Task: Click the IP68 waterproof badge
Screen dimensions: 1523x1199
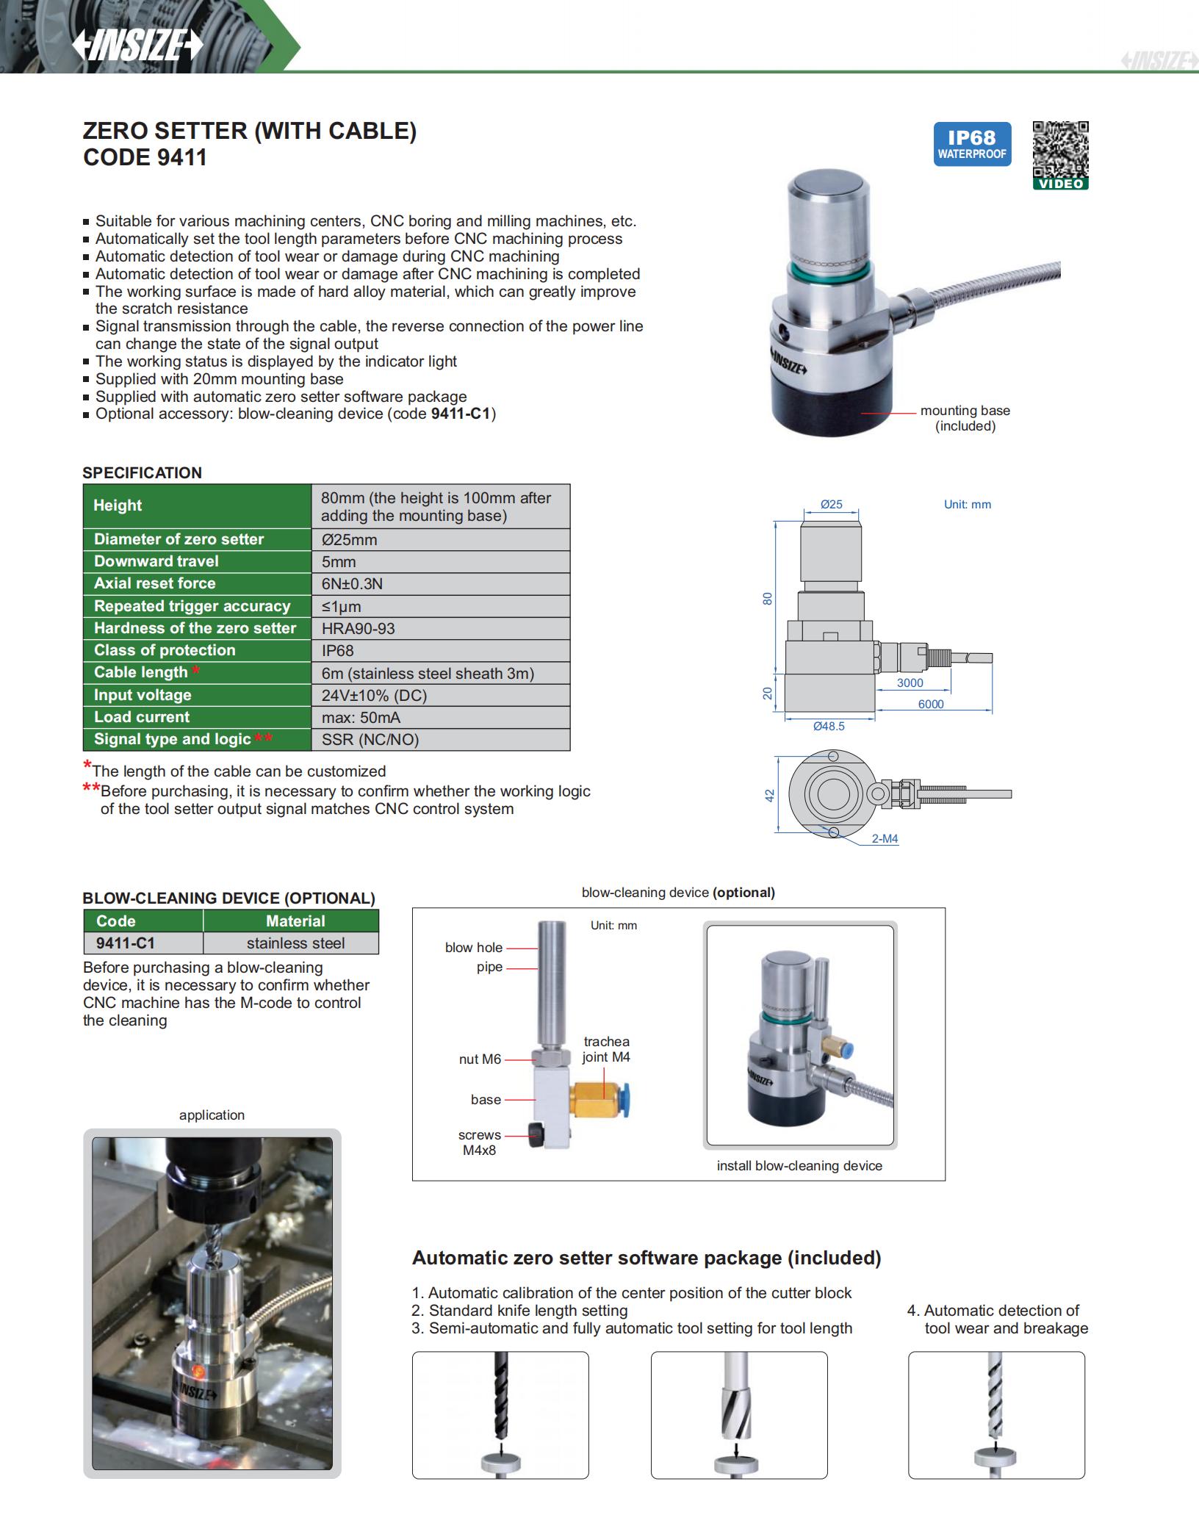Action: point(971,144)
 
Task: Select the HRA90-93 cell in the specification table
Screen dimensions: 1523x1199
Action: point(441,628)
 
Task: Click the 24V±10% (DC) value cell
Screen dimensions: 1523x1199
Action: point(441,695)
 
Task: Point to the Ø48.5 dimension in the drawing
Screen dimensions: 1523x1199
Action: point(829,726)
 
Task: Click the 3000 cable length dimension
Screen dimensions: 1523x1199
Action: point(910,683)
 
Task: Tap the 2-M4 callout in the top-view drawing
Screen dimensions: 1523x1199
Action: point(885,838)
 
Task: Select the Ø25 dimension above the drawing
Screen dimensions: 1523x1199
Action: point(831,504)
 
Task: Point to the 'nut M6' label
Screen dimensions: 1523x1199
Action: point(480,1059)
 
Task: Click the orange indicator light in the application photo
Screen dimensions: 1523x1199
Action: point(198,1370)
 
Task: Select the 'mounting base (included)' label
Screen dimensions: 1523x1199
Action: point(965,418)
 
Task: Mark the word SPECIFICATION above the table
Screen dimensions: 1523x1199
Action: point(142,472)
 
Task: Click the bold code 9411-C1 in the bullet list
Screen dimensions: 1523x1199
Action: point(460,414)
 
